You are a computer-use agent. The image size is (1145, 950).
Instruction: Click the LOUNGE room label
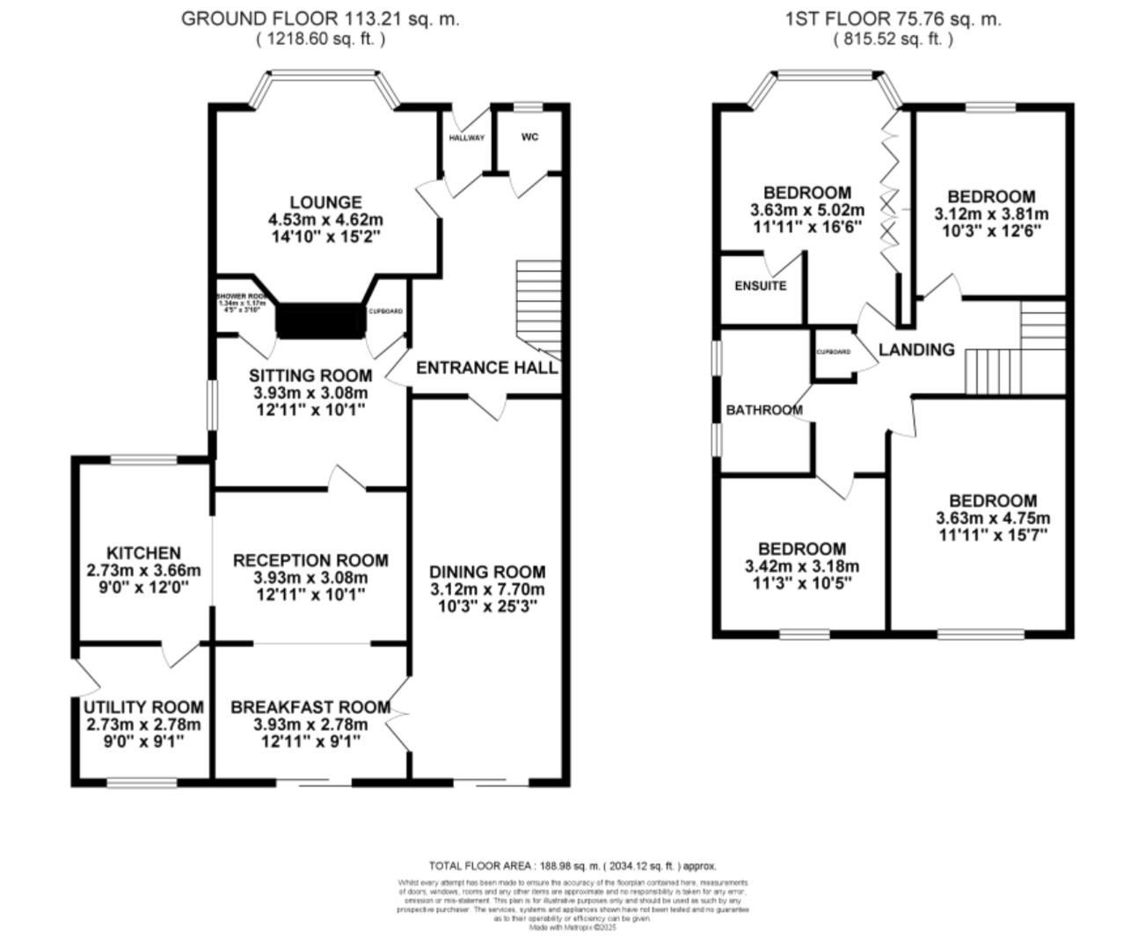tap(325, 202)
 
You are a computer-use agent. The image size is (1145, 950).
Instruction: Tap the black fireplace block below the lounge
tap(321, 320)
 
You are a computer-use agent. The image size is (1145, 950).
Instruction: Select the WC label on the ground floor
tap(529, 137)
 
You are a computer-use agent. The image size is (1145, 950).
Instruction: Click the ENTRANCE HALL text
tap(486, 368)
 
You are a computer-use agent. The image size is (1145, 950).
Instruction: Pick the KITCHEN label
tap(143, 553)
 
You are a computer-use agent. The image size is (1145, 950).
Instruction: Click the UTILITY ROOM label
tap(143, 707)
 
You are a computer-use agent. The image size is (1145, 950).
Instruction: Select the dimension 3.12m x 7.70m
tap(487, 589)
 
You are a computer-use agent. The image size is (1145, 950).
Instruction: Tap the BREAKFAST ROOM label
tap(310, 707)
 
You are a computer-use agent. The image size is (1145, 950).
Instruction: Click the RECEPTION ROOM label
tap(310, 560)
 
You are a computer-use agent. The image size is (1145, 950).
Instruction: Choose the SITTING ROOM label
tap(310, 376)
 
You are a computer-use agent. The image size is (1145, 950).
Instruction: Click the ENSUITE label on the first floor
tap(760, 286)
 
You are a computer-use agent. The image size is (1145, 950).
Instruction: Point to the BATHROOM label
tap(763, 410)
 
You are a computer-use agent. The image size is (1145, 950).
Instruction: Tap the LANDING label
tap(916, 349)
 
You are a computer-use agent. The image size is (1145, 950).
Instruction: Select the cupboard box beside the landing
tap(834, 354)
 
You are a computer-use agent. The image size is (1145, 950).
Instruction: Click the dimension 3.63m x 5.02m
tap(806, 210)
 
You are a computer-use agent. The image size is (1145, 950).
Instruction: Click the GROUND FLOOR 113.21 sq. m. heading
tap(320, 18)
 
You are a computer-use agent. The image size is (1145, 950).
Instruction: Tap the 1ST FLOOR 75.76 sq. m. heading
tap(893, 18)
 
